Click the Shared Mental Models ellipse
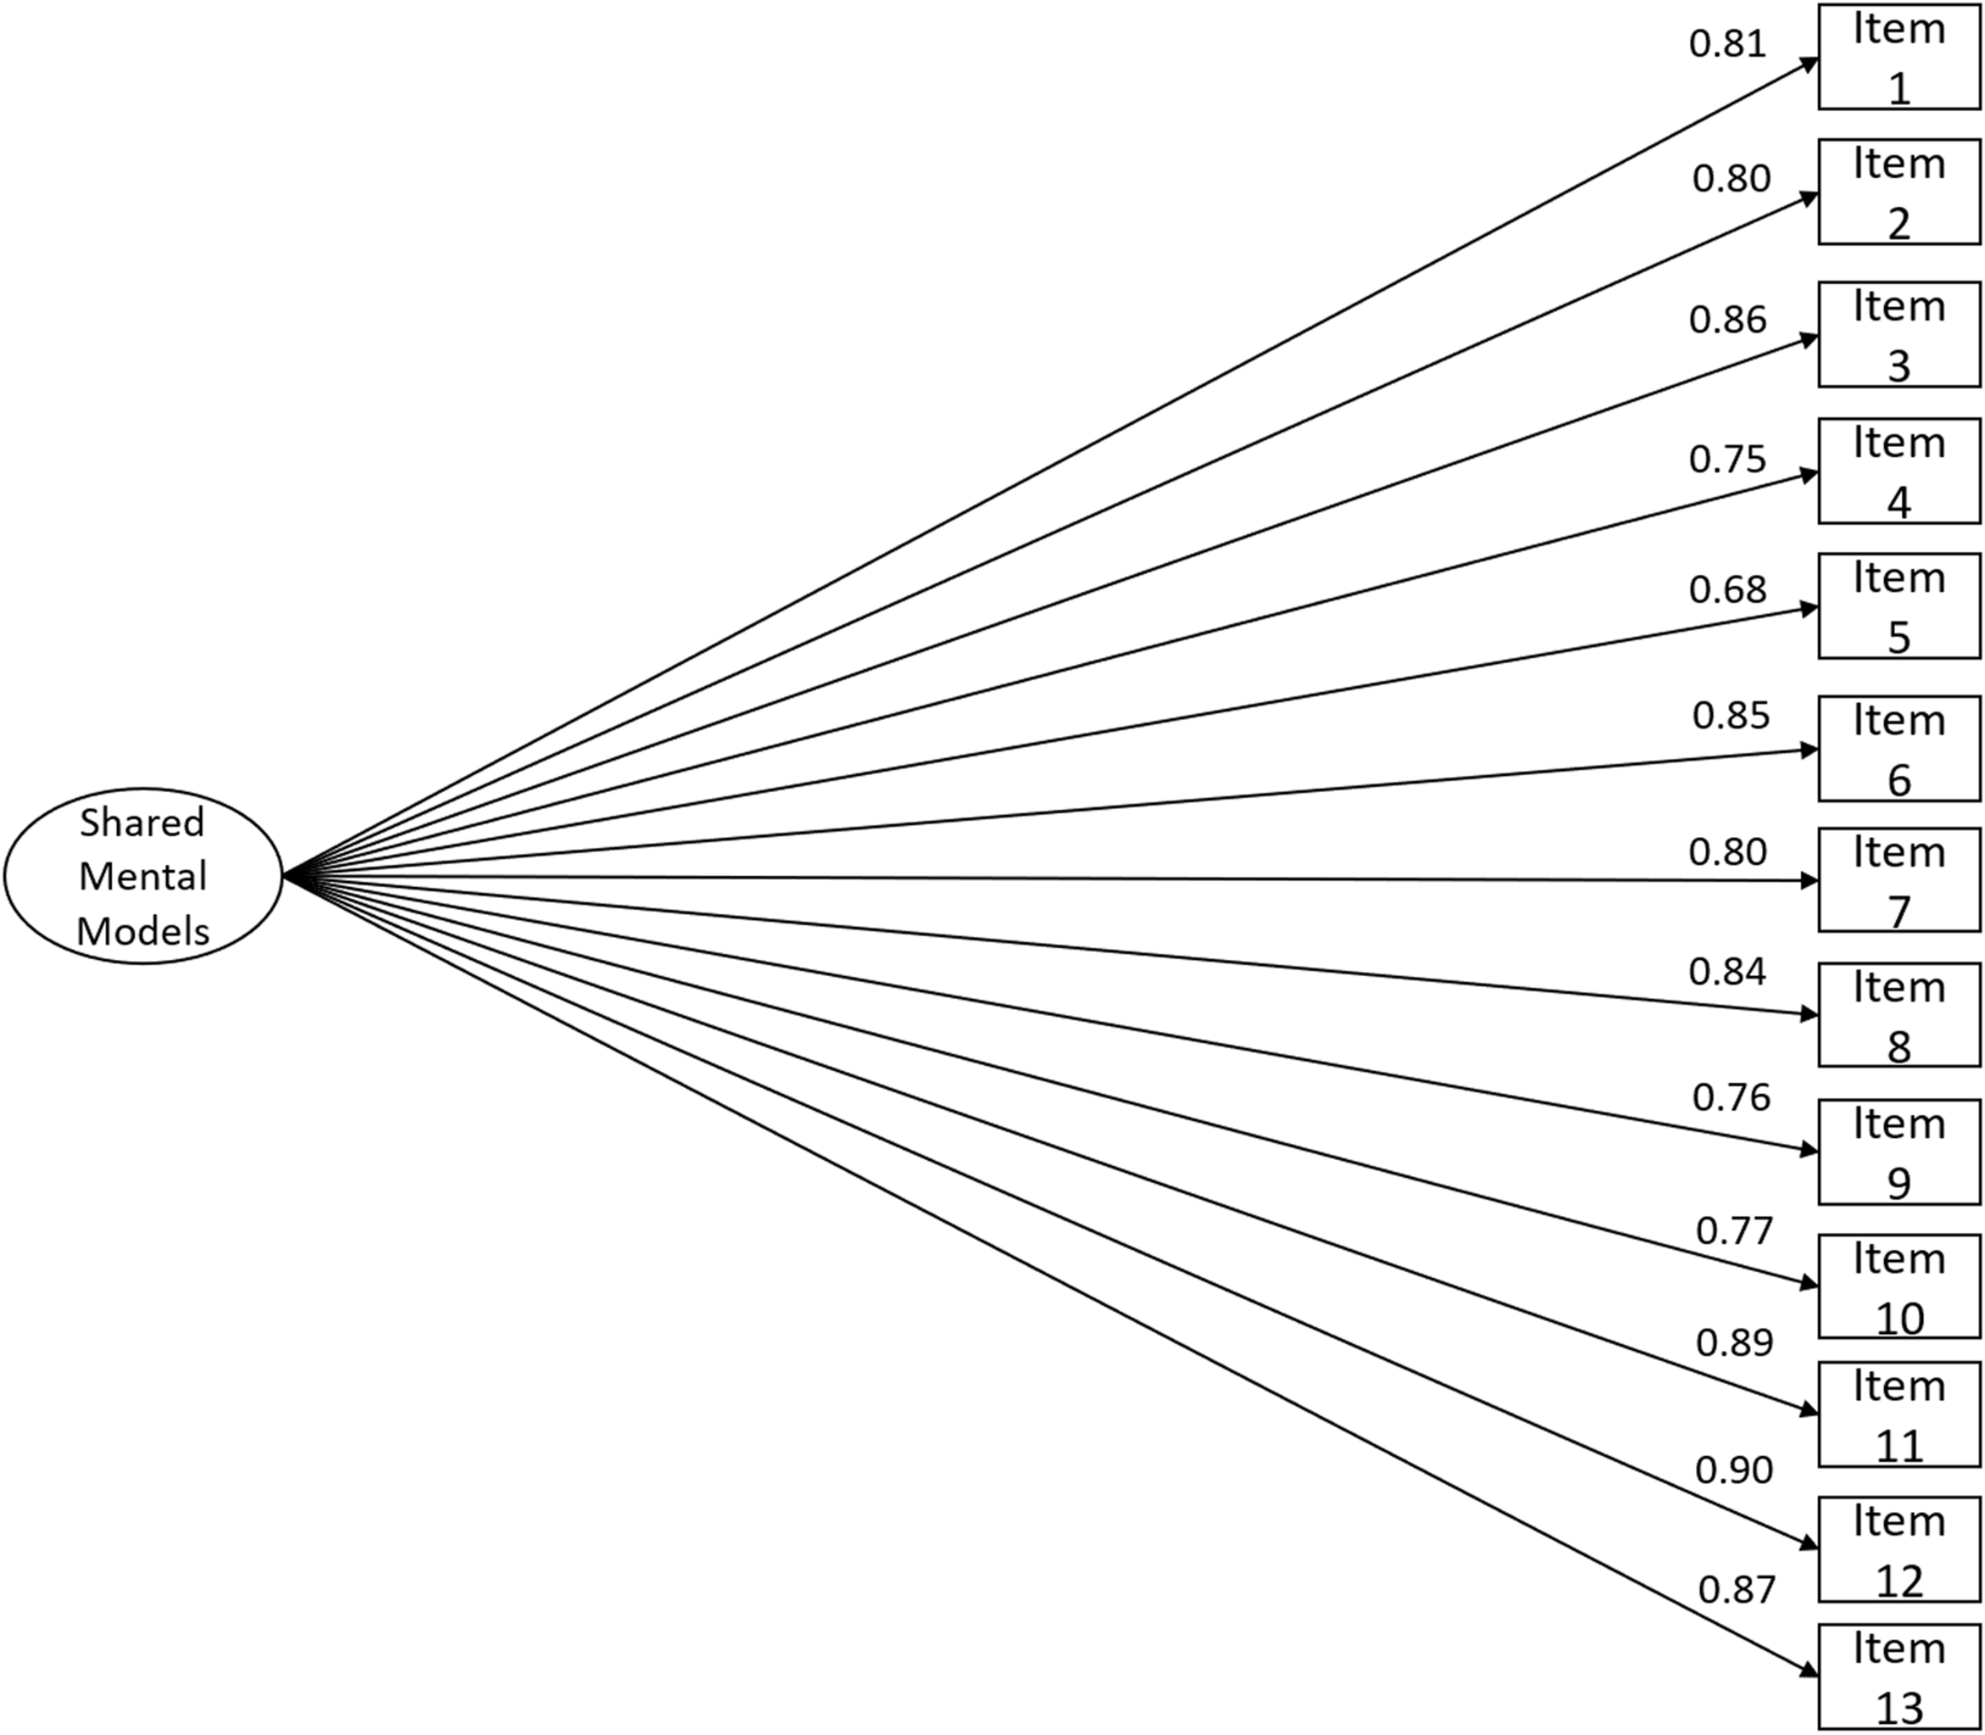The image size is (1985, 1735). click(x=143, y=875)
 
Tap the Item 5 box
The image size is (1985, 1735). click(x=1898, y=606)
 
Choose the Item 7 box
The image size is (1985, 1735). click(x=1898, y=880)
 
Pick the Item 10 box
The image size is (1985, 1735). click(x=1898, y=1286)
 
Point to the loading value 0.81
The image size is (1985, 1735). click(x=1728, y=44)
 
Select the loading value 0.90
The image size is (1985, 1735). click(x=1733, y=1471)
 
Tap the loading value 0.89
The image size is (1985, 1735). click(x=1733, y=1343)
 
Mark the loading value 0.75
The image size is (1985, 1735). click(x=1728, y=459)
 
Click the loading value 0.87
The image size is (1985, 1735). click(x=1736, y=1590)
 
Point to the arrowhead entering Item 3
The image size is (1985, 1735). click(x=1809, y=339)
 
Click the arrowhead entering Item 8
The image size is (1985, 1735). click(x=1809, y=1015)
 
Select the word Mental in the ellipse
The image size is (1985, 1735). click(x=143, y=876)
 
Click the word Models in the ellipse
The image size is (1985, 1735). click(x=143, y=931)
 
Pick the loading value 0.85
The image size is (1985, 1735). click(x=1730, y=715)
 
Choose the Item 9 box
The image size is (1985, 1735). click(x=1898, y=1151)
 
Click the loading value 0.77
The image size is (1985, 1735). click(x=1733, y=1231)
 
